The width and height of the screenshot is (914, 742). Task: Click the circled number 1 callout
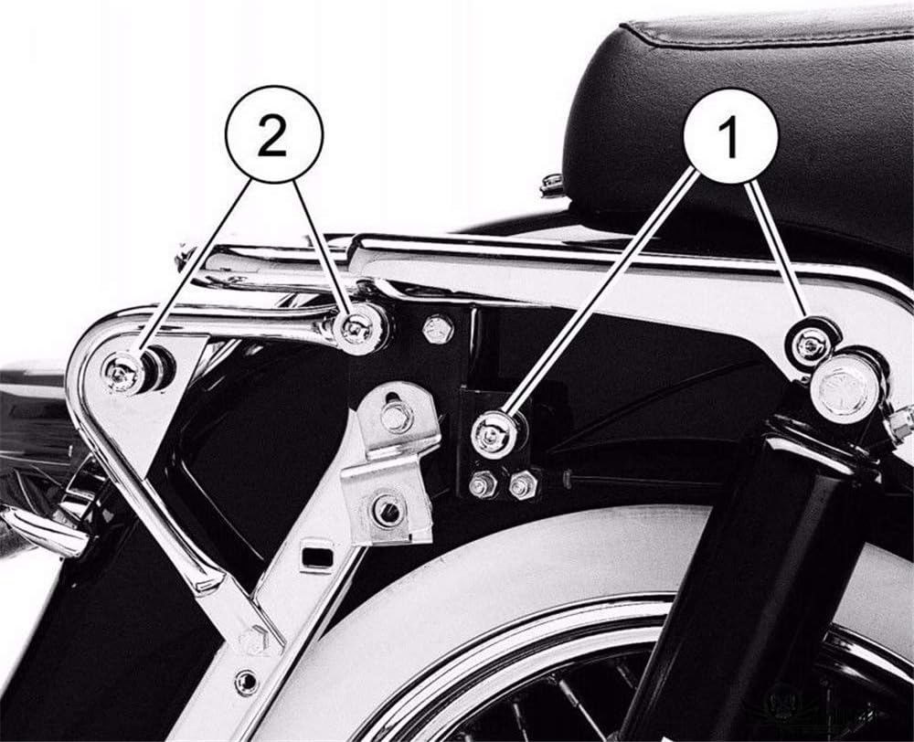[729, 136]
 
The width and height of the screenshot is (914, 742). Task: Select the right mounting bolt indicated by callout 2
[357, 330]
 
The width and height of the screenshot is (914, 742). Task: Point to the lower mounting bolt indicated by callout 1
[493, 434]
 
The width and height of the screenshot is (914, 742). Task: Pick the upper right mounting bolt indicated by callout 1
[810, 344]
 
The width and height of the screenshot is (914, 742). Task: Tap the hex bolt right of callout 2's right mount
[438, 329]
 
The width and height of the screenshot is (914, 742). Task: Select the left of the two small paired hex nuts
[483, 485]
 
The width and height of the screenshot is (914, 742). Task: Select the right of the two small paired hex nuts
[522, 485]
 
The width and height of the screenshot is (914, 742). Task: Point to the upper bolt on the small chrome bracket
[395, 417]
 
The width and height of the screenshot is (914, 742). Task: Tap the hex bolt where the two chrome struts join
[253, 641]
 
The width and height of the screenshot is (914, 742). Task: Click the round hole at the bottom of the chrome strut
[245, 682]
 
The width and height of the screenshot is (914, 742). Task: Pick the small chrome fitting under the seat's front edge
[552, 185]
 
